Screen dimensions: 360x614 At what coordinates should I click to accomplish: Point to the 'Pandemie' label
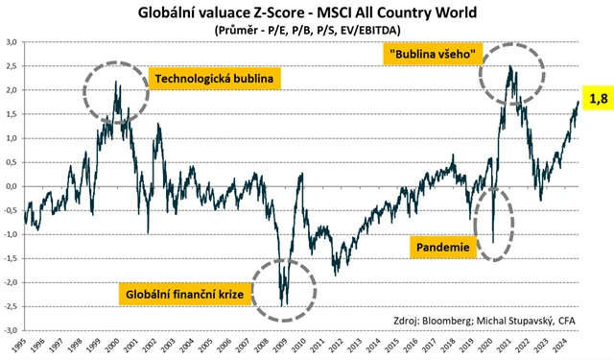[x=445, y=248]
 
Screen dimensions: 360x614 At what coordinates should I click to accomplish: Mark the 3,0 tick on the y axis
[x=11, y=42]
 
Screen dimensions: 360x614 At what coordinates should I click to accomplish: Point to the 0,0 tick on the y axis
[x=11, y=186]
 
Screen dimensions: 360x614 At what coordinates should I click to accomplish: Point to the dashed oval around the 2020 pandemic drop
[x=496, y=227]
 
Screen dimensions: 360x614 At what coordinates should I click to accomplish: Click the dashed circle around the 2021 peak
[x=511, y=72]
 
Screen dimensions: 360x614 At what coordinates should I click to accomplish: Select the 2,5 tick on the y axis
[x=11, y=66]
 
